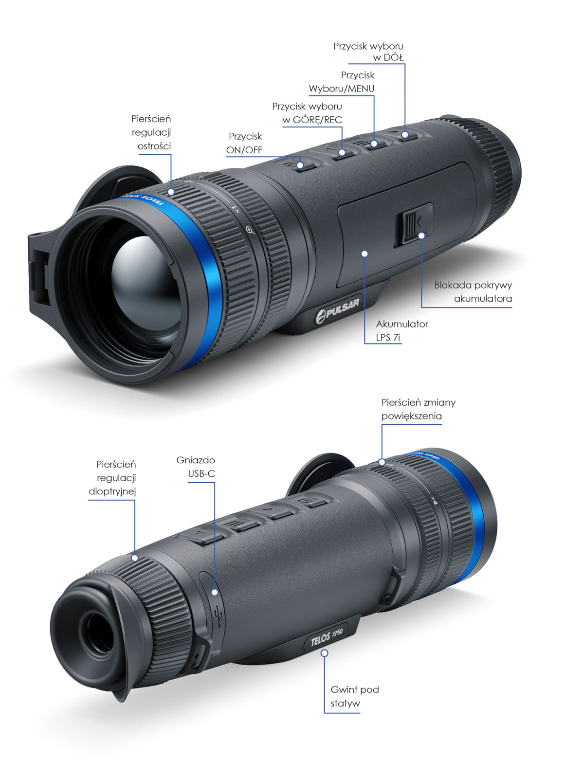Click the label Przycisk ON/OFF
(x=244, y=143)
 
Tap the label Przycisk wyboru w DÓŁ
(x=368, y=52)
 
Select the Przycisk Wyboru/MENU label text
(x=341, y=82)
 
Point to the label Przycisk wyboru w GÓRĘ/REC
(x=307, y=113)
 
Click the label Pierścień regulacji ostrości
(x=151, y=132)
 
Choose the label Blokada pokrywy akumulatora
(x=473, y=292)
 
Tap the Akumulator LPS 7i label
(x=402, y=330)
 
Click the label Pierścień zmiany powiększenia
(x=419, y=409)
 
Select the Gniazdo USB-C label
(x=196, y=467)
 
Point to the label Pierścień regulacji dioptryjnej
(x=112, y=477)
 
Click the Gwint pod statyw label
(x=355, y=696)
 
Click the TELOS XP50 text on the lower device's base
(x=327, y=636)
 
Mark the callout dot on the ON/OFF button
(x=300, y=164)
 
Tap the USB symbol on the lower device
(x=219, y=613)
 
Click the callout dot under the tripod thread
(x=325, y=653)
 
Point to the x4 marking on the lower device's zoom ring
(x=435, y=500)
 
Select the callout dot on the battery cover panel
(x=365, y=254)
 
